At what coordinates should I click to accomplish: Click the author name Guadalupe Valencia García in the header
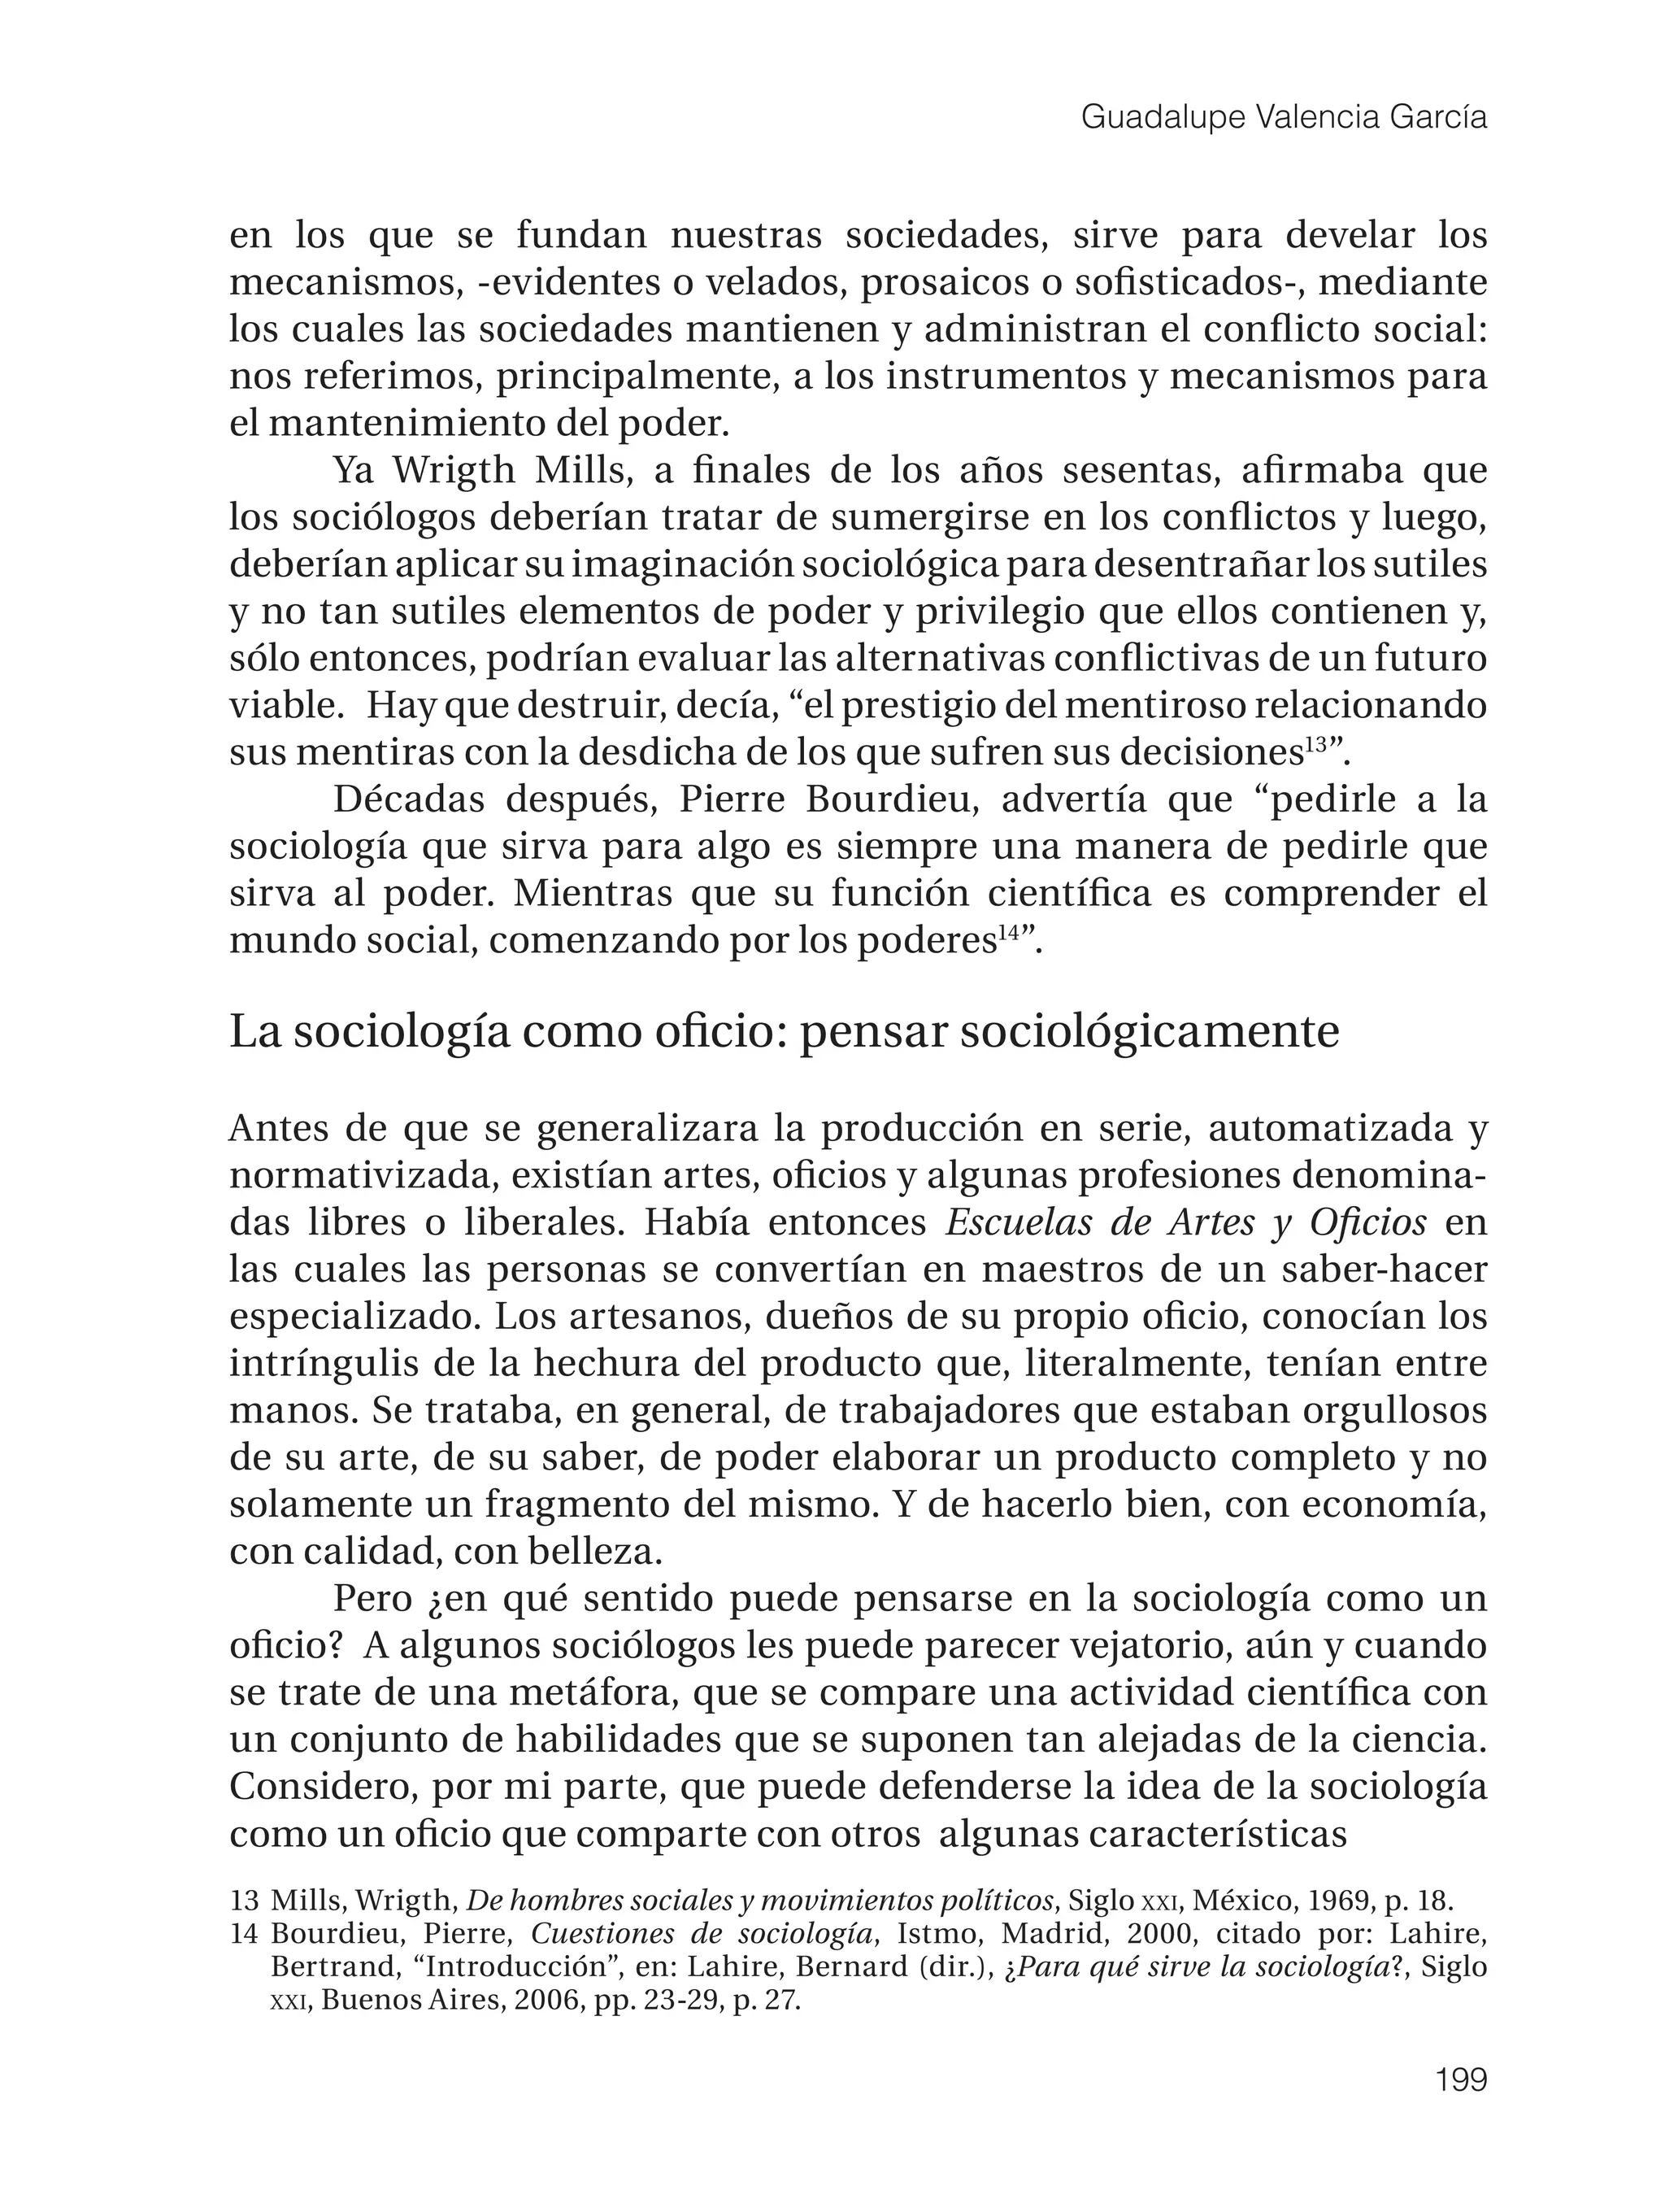click(x=1284, y=118)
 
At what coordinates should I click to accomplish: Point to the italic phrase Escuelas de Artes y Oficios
click(x=1185, y=1222)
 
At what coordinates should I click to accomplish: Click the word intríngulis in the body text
click(x=326, y=1364)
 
